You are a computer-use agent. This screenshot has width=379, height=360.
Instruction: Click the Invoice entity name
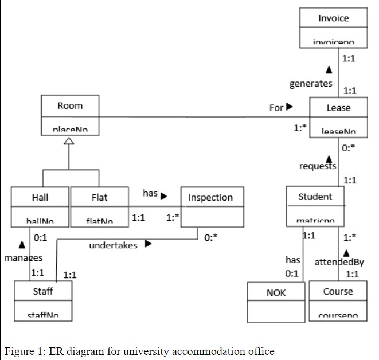[333, 18]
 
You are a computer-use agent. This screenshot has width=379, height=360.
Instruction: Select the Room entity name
[70, 105]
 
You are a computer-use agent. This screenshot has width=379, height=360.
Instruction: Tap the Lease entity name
[338, 108]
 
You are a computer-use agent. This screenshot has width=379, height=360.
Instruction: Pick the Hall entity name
[40, 197]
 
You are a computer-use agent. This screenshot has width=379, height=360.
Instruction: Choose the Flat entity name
[99, 197]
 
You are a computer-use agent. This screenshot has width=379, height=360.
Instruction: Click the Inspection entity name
[210, 198]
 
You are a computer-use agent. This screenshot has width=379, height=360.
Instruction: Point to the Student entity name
[315, 197]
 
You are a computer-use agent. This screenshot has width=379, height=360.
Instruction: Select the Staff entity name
[43, 291]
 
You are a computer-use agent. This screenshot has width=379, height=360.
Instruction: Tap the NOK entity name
[276, 293]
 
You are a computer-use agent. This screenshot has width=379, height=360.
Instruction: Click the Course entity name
[338, 291]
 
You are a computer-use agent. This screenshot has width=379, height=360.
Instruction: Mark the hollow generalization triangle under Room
[69, 142]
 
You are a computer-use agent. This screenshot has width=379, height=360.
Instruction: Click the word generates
[310, 84]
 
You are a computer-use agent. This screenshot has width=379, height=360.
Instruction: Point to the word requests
[318, 166]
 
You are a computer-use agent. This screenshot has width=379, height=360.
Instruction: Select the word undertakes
[113, 245]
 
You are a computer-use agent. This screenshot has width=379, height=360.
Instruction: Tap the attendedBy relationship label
[339, 263]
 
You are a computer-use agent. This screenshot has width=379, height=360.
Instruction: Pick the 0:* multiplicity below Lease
[348, 147]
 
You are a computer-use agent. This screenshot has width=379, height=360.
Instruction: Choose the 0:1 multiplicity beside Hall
[40, 237]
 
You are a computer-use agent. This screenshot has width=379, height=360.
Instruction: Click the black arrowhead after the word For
[290, 107]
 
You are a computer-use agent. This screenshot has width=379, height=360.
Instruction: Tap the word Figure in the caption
[19, 351]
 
